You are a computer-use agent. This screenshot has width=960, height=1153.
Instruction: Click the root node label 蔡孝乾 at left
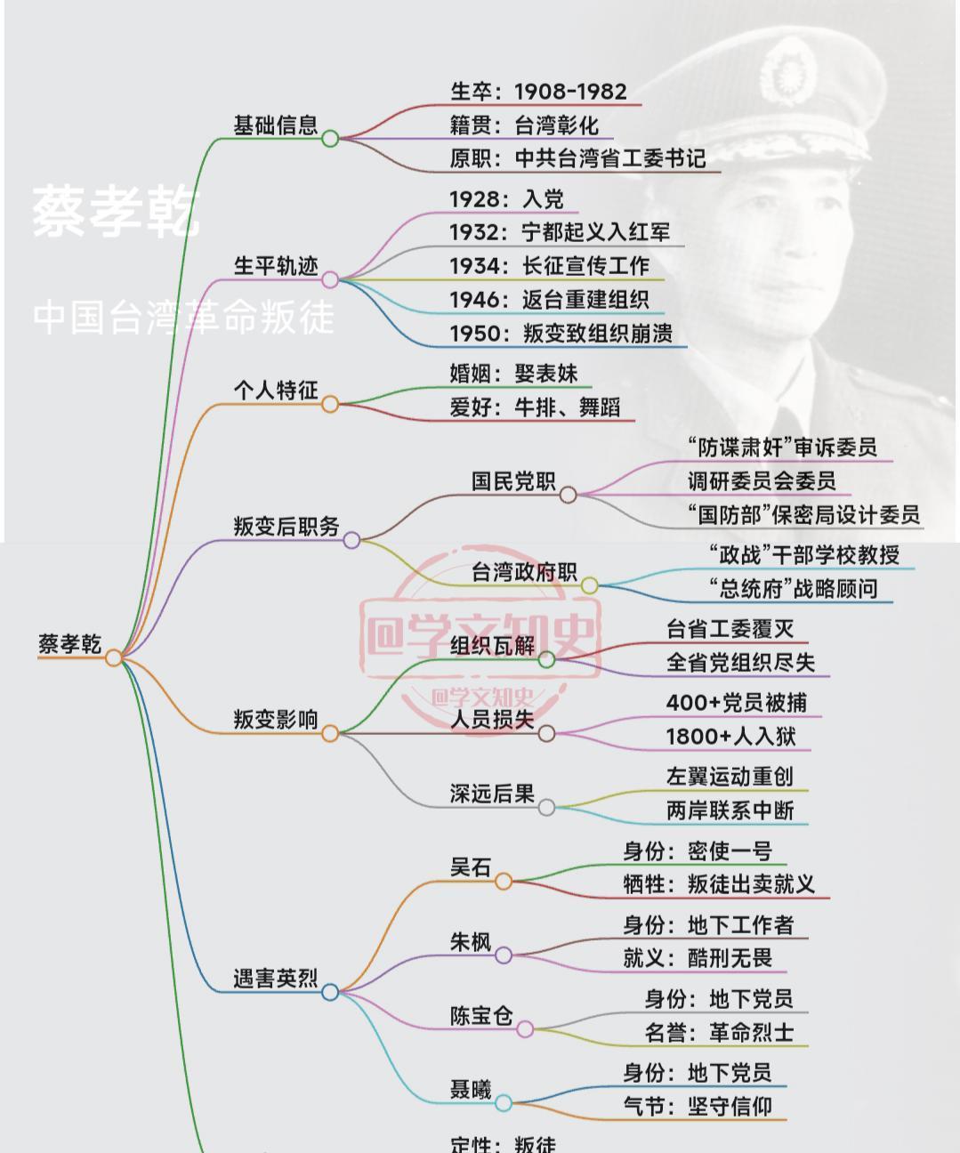(69, 643)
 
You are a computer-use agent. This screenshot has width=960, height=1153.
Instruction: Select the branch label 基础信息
(275, 125)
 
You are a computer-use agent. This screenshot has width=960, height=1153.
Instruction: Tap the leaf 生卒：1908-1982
(538, 92)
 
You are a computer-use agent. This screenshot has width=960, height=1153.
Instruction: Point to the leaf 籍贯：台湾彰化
(524, 125)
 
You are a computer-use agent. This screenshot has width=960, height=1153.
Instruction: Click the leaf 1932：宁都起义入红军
(560, 232)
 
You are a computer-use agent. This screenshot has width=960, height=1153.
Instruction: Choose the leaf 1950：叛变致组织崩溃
(561, 334)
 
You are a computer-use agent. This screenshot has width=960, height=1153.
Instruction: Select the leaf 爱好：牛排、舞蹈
(535, 407)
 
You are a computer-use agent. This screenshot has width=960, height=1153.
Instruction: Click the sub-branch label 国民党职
(513, 481)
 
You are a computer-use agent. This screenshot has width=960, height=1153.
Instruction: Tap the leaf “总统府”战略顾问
(794, 588)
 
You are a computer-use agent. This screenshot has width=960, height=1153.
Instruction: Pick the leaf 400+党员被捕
(737, 703)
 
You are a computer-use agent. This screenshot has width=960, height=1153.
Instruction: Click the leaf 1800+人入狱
(730, 737)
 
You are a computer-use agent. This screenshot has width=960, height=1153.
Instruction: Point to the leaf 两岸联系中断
(730, 810)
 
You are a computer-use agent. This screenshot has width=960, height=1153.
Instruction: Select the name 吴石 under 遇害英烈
(471, 867)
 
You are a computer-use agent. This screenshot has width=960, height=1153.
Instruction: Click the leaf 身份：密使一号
(698, 851)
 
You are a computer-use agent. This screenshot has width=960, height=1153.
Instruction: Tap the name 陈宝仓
(481, 1015)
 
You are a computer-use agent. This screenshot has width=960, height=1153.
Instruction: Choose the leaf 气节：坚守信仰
(698, 1107)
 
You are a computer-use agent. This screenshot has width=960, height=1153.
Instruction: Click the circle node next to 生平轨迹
(330, 280)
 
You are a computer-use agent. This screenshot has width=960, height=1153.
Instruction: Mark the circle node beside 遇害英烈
(330, 992)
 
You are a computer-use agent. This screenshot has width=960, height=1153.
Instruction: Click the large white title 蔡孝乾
(116, 213)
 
